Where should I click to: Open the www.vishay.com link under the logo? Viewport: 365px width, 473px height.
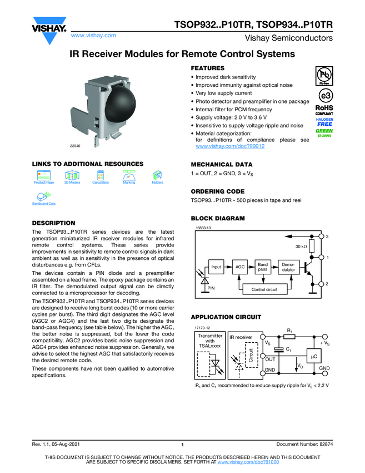[93, 35]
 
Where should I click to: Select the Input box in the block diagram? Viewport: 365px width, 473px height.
[216, 267]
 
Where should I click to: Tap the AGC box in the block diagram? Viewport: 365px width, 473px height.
[240, 267]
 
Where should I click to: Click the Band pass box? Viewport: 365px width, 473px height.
[262, 267]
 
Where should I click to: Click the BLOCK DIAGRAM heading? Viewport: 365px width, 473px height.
[218, 218]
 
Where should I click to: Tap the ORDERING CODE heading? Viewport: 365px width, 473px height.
[217, 191]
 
